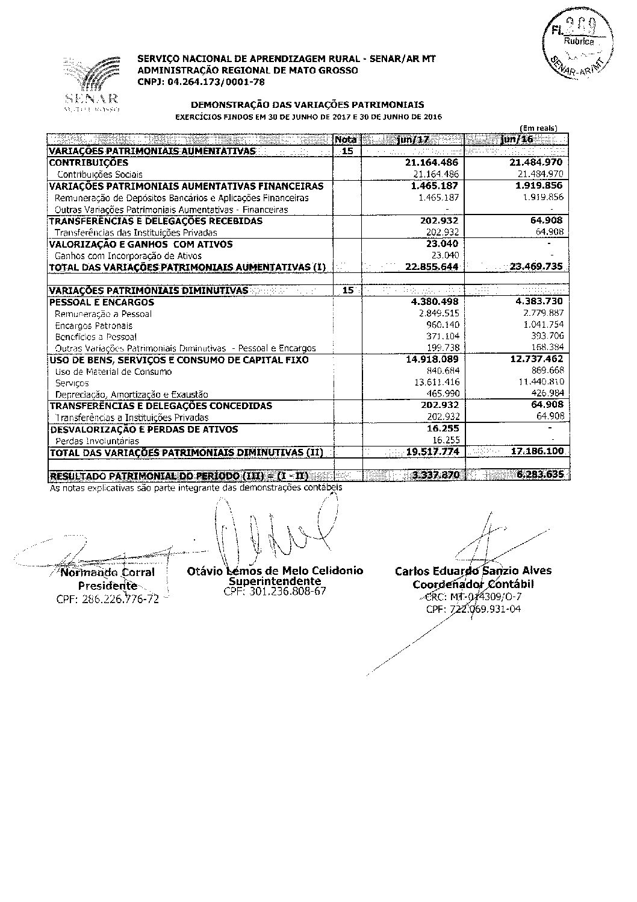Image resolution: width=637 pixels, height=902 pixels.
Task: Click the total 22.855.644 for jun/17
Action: click(432, 267)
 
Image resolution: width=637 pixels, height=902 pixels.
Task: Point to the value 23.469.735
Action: click(536, 267)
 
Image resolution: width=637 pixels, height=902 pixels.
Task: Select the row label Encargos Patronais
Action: click(94, 325)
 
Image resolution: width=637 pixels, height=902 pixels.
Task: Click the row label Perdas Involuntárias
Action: click(97, 440)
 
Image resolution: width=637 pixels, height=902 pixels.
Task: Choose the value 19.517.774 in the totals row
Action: click(433, 452)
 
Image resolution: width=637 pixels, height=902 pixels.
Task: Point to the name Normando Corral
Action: click(108, 572)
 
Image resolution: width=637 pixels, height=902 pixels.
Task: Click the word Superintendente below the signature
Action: click(275, 581)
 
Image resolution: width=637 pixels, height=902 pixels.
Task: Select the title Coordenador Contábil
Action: click(473, 584)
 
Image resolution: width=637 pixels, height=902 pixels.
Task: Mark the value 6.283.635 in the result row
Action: click(540, 475)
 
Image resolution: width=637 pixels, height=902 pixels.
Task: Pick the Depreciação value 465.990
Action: click(443, 394)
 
